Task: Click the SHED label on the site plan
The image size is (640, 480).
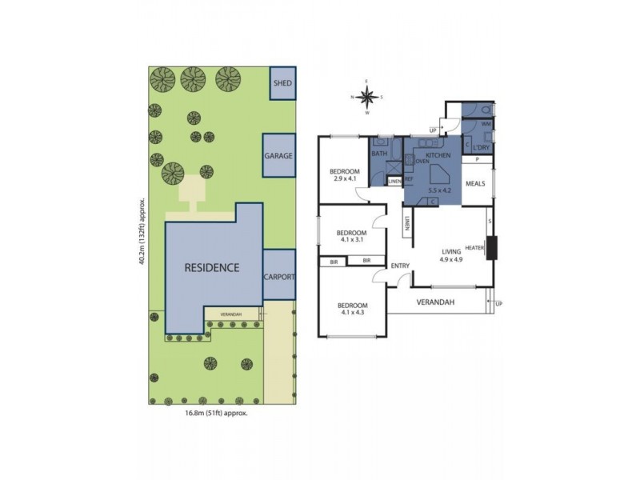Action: point(282,83)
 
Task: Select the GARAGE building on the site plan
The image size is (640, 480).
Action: point(279,156)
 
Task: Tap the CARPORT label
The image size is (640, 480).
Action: point(279,277)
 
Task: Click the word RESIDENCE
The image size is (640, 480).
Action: point(211,267)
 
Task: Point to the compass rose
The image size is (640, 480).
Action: point(367,98)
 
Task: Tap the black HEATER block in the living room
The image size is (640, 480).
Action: point(491,248)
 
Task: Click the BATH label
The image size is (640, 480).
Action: point(378,154)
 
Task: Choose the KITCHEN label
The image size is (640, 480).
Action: point(438,154)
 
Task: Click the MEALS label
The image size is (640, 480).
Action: point(476,183)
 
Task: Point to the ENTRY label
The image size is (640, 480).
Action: point(400,266)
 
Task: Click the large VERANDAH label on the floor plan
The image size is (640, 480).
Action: point(435,302)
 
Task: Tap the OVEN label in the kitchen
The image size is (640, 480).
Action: point(422,161)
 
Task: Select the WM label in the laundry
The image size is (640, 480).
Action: point(486,125)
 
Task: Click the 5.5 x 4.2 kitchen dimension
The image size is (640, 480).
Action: point(441,190)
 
